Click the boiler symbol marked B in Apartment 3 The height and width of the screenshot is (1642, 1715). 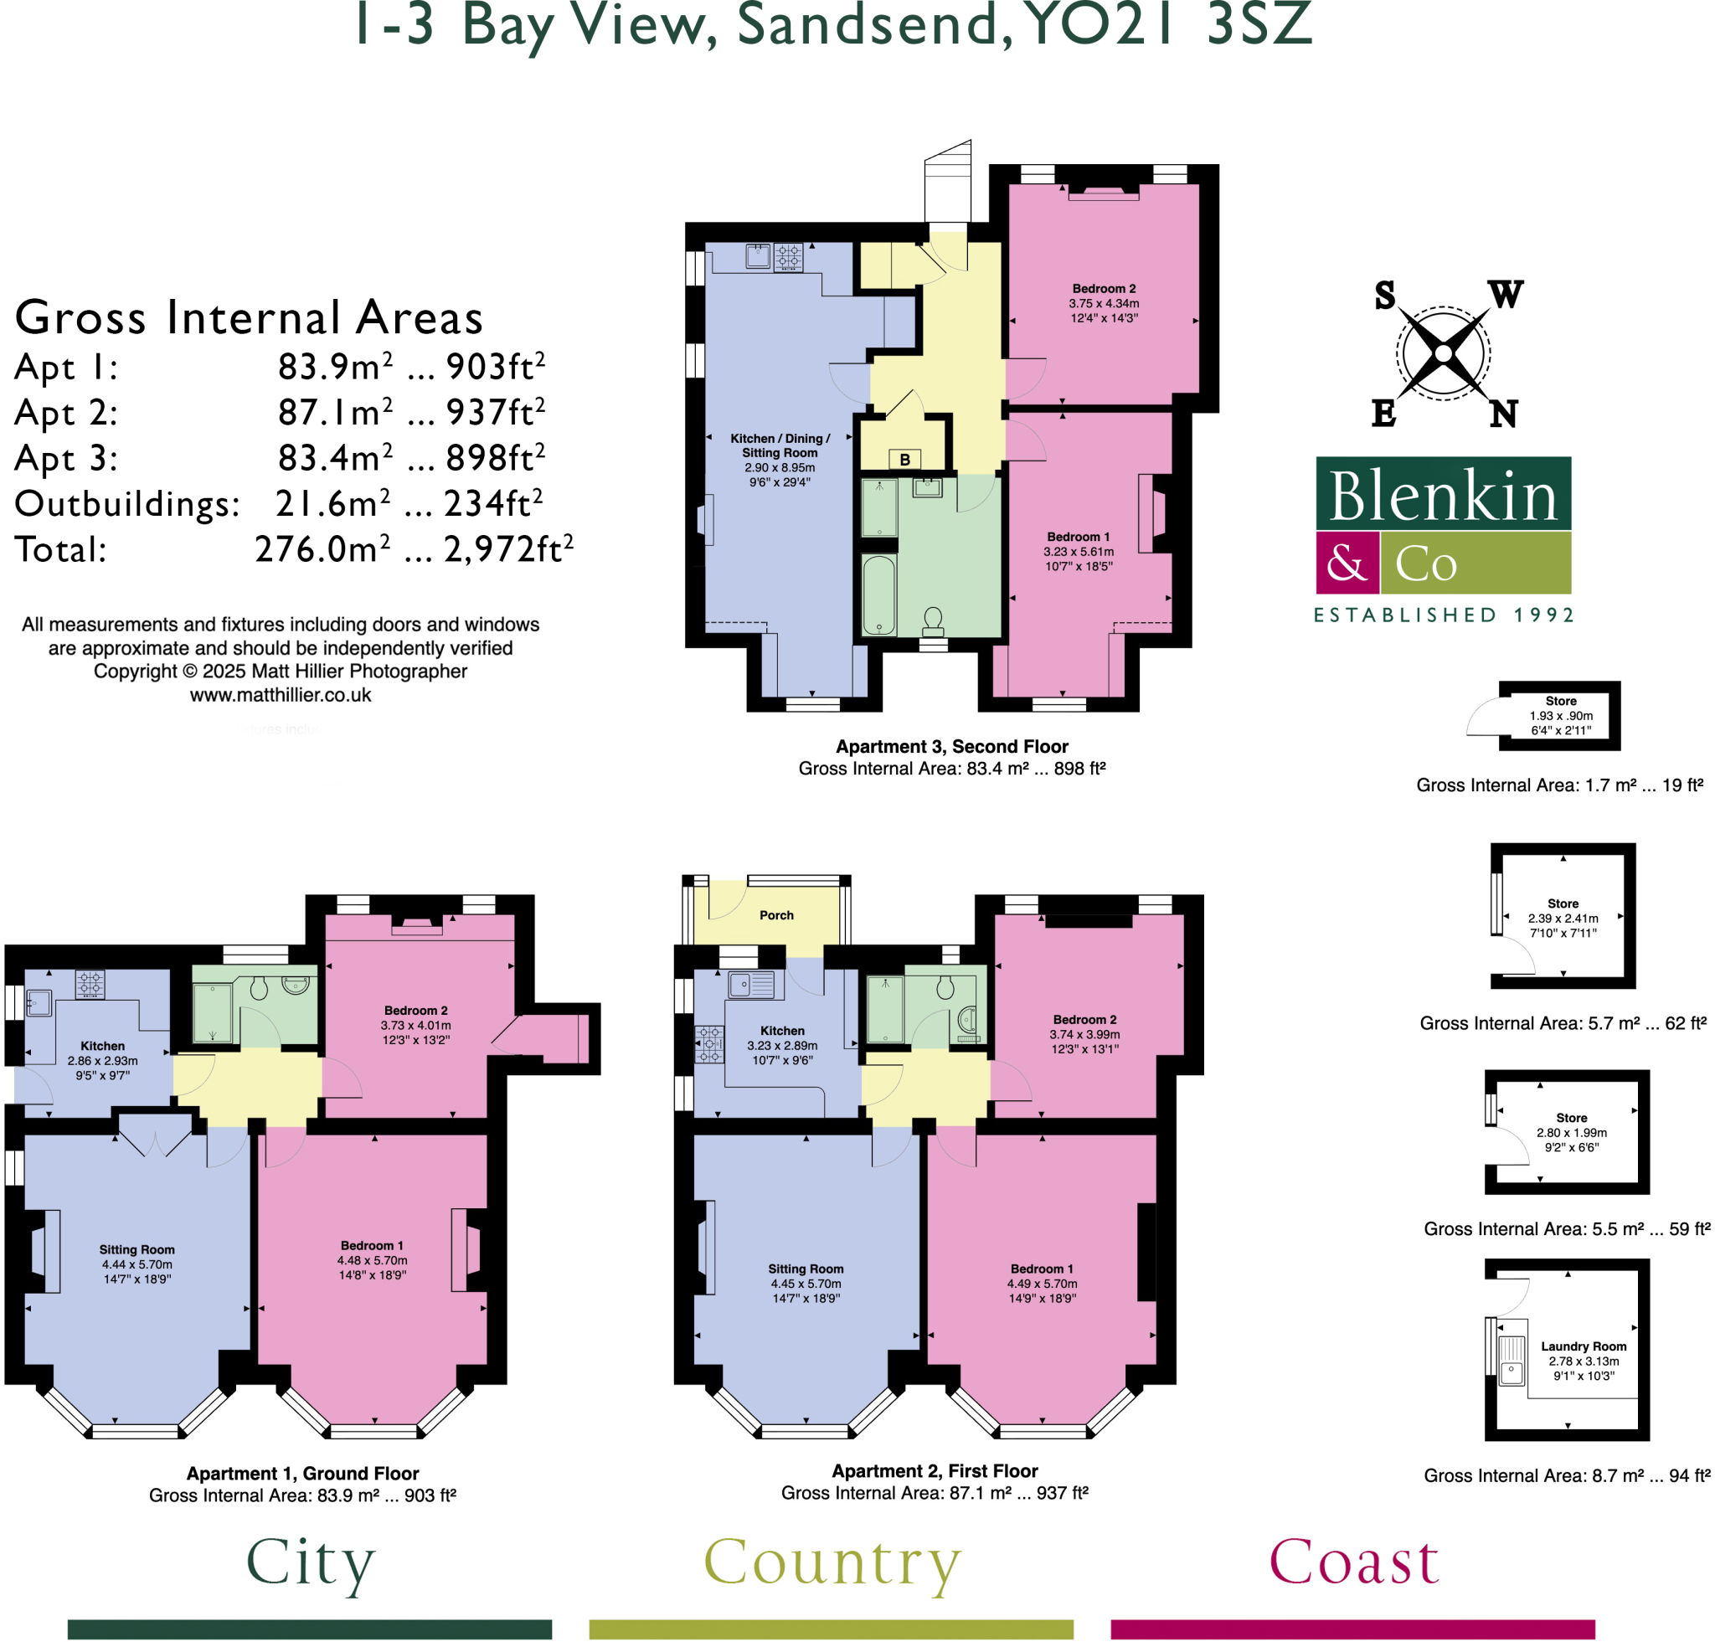tap(904, 459)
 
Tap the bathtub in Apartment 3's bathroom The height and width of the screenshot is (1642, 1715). tap(878, 595)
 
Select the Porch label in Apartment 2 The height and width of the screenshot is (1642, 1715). tap(776, 915)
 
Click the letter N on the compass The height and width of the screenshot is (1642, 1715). tap(1503, 414)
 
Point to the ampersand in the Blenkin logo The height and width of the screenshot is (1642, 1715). tap(1347, 563)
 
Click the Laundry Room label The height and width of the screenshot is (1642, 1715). tap(1583, 1346)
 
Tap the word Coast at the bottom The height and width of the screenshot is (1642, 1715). tap(1353, 1562)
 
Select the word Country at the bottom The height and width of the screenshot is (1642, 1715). tap(832, 1562)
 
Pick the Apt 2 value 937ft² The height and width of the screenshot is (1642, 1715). tap(495, 412)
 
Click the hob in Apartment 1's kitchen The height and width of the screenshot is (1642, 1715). tap(90, 983)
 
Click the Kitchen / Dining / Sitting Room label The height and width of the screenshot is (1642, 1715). tap(780, 445)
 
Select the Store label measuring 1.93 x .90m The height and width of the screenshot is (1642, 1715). tap(1560, 701)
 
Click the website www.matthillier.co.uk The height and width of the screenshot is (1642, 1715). tap(280, 695)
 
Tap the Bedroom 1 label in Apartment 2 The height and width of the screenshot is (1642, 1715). tap(1041, 1269)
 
